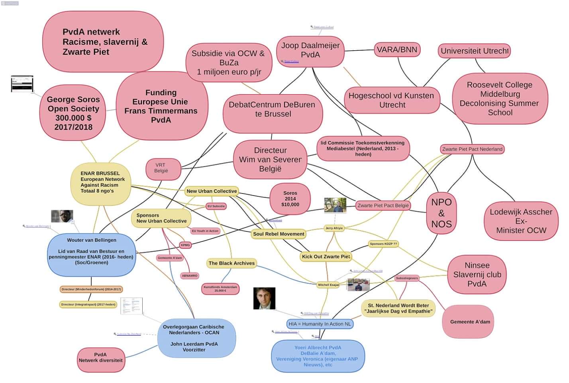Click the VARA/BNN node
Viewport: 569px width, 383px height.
[397, 50]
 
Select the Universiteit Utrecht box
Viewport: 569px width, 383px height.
[474, 51]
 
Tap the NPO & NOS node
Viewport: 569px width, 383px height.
[441, 213]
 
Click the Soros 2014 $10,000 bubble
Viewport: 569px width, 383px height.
[290, 199]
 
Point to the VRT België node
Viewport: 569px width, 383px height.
[161, 168]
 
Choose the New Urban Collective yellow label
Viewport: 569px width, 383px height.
[212, 191]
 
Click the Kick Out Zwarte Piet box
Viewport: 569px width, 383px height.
[326, 257]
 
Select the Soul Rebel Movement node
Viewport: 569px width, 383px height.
[278, 234]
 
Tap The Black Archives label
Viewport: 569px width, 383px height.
[232, 263]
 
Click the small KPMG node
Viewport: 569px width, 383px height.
[185, 245]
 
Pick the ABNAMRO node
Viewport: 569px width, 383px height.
[189, 276]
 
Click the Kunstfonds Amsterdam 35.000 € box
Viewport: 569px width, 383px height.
[220, 288]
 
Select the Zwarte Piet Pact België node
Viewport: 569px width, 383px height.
[383, 205]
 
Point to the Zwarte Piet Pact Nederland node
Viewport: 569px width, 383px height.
[472, 149]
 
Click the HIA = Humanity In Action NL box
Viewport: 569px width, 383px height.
[320, 324]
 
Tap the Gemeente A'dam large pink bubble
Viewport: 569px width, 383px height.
[470, 322]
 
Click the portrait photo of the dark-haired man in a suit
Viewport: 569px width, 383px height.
[264, 298]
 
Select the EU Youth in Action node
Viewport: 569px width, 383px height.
[205, 231]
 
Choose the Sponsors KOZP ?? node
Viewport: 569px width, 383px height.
[383, 244]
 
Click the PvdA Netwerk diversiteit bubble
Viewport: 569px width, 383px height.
[100, 357]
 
